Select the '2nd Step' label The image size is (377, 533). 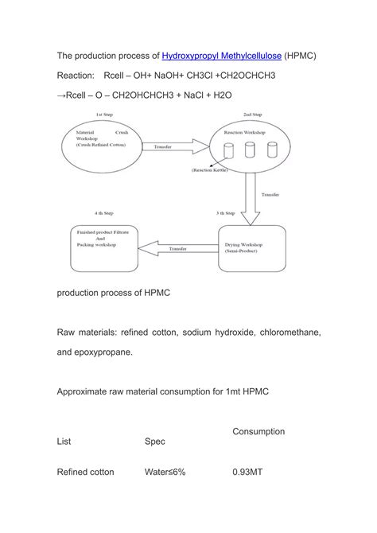pos(253,116)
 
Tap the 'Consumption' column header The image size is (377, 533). pos(258,431)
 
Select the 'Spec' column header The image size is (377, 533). pos(154,441)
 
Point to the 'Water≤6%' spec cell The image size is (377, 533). pos(165,472)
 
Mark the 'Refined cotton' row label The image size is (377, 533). pos(85,472)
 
